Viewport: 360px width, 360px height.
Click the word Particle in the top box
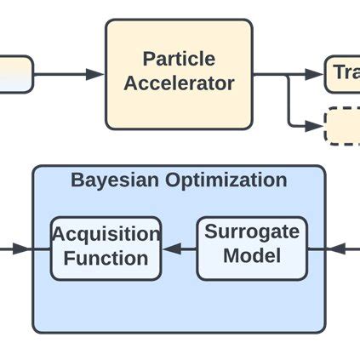[179, 60]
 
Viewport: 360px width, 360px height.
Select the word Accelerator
[179, 83]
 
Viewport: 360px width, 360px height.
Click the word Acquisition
[106, 234]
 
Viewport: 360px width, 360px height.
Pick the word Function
[106, 258]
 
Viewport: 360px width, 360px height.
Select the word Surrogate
[252, 231]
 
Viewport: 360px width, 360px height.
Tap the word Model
[252, 255]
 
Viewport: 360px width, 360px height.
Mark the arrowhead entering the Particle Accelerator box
[95, 75]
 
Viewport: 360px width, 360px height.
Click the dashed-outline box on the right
[342, 126]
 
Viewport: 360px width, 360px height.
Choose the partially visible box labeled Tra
[342, 74]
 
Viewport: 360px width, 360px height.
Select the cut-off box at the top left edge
[15, 74]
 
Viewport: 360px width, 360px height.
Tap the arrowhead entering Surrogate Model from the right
[337, 249]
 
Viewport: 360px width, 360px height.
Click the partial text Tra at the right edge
[346, 73]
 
